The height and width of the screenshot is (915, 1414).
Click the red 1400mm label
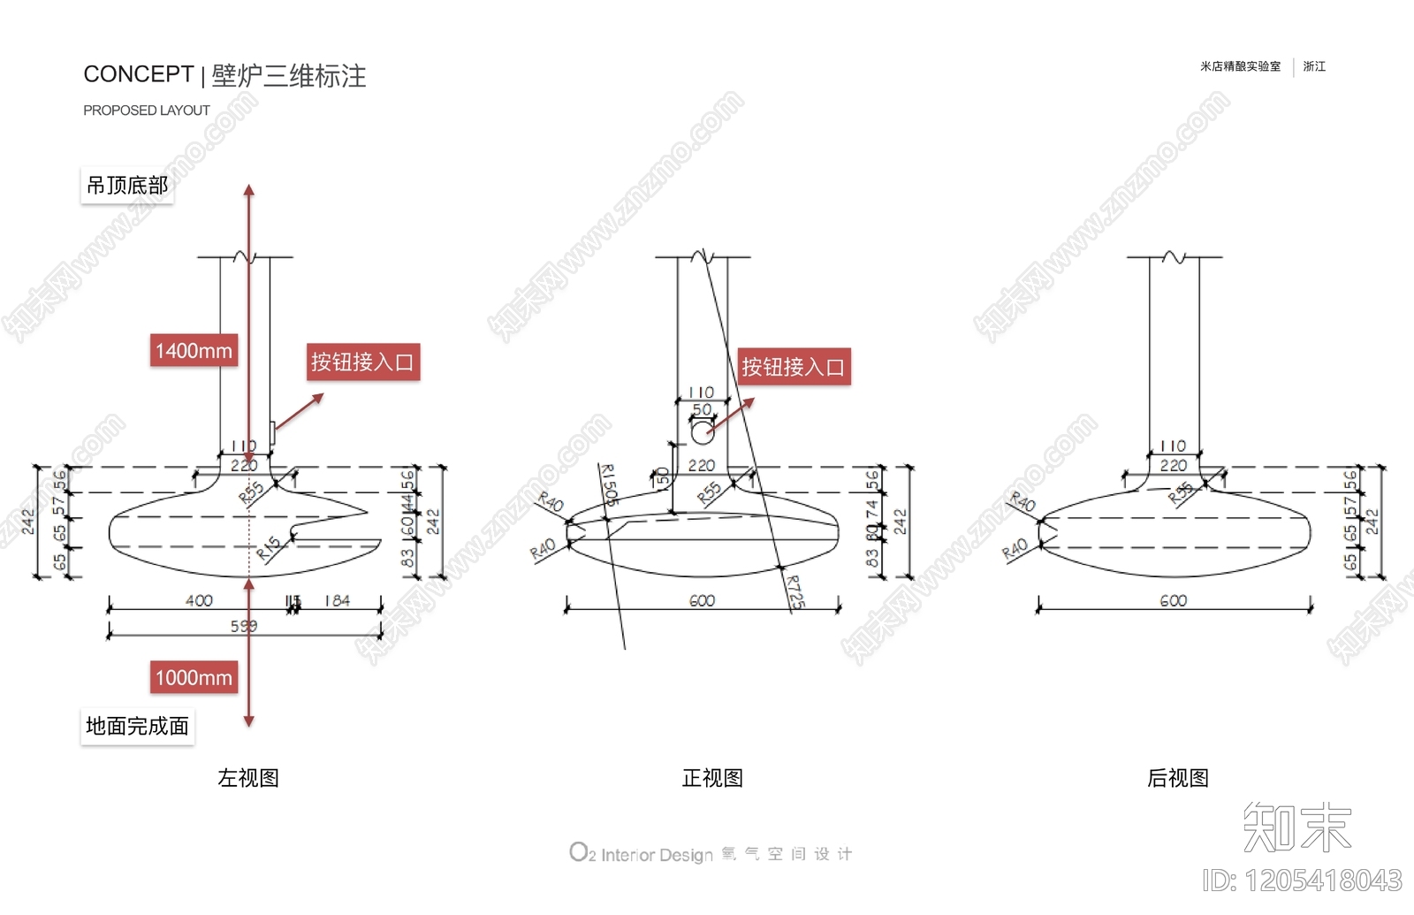tap(194, 350)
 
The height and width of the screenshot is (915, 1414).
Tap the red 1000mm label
tap(194, 677)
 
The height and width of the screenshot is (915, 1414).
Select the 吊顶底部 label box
tap(127, 186)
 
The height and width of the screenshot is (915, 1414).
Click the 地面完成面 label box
tap(137, 727)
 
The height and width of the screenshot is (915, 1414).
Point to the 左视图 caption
tap(248, 778)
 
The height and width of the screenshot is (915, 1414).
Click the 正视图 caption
tap(712, 778)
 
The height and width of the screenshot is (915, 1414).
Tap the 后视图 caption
tap(1177, 778)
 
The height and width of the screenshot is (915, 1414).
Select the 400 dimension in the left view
tap(199, 601)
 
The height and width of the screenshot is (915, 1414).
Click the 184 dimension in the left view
tap(337, 601)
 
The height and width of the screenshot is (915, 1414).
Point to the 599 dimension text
tap(244, 626)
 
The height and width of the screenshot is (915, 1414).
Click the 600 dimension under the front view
tap(702, 601)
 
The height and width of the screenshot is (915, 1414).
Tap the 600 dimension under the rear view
tap(1173, 601)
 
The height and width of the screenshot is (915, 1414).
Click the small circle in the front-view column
tap(702, 433)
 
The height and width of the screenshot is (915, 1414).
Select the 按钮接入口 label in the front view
tap(794, 367)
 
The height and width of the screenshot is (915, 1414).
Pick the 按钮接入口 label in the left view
tap(362, 362)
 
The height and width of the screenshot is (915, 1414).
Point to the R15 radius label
tap(269, 548)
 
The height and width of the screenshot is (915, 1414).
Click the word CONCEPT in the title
tap(138, 75)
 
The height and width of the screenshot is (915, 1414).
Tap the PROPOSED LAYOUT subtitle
tap(147, 111)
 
